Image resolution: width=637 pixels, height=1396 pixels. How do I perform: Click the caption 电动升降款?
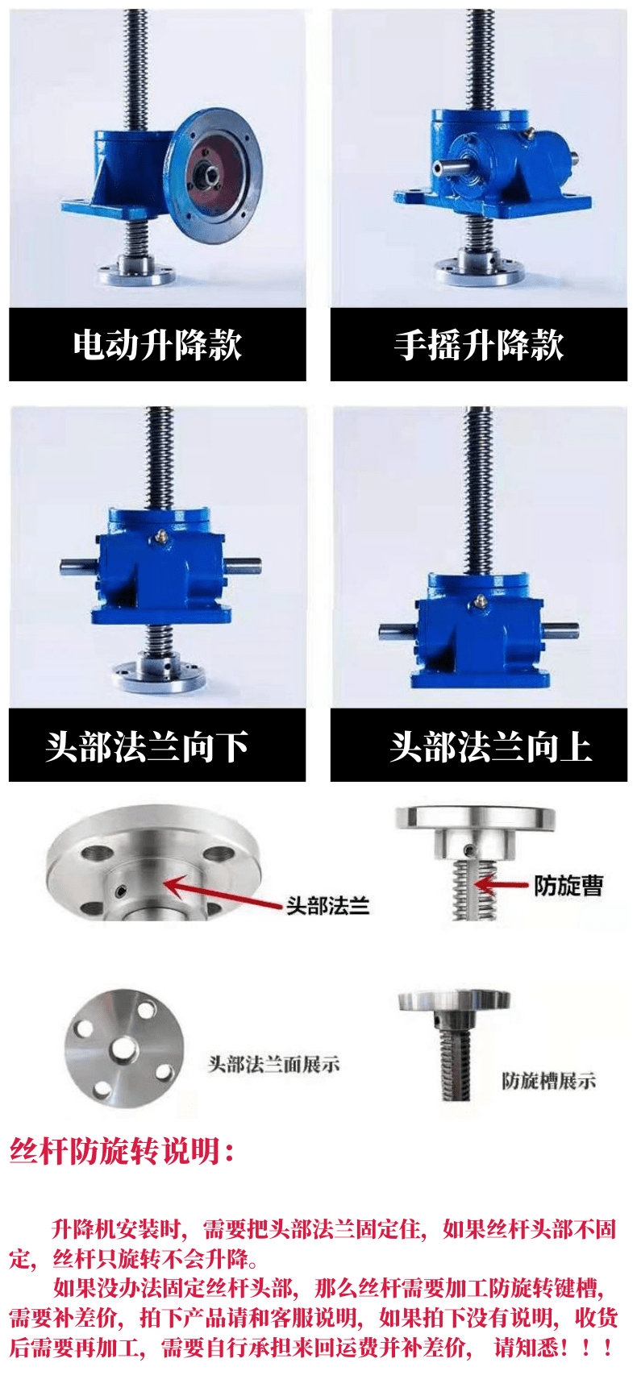pos(157,345)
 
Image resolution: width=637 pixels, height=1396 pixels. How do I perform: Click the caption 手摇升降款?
pos(479,345)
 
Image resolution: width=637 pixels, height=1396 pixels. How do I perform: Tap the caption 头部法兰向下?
pos(147,746)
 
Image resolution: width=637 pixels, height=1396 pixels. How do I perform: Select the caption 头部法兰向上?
pos(490,746)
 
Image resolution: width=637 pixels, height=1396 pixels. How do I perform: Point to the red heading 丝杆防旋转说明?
pos(122,1150)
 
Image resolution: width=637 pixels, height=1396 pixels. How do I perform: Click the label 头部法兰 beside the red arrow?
pos(327,906)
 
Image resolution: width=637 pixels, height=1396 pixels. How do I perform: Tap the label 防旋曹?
pos(568,885)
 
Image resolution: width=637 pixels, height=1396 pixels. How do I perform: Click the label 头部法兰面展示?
pos(274,1064)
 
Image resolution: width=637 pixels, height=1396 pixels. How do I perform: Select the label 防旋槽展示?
pos(549,1080)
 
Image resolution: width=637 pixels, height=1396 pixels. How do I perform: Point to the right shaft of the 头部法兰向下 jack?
pos(242,567)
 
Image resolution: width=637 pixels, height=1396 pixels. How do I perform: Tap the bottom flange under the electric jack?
pos(135,271)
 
